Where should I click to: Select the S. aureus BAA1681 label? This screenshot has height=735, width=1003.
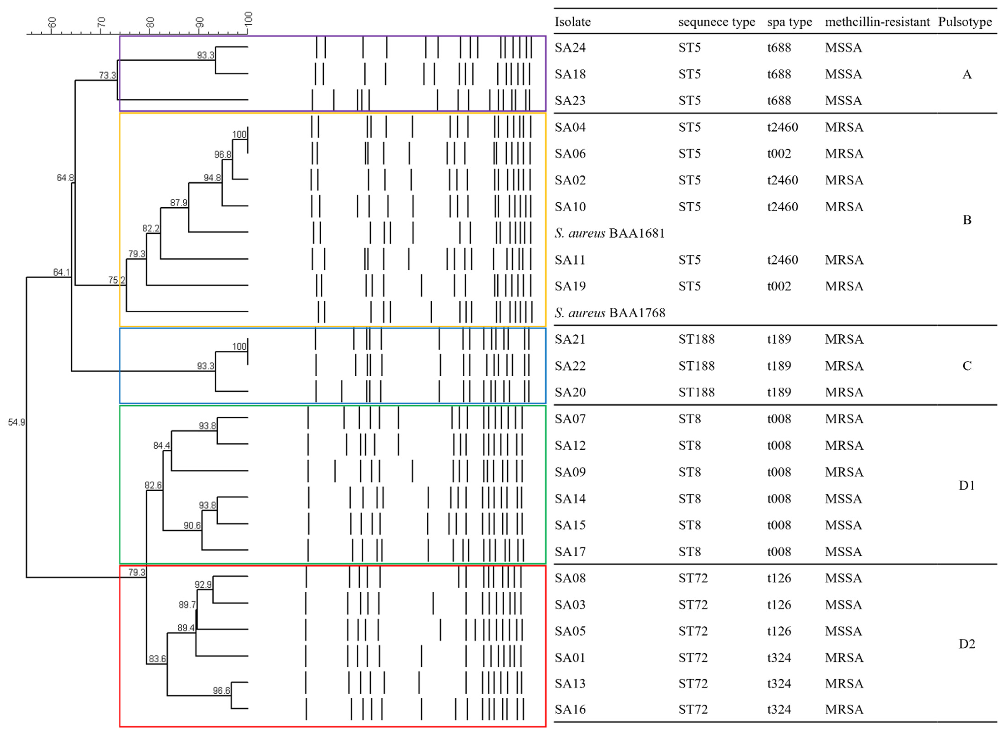coord(609,233)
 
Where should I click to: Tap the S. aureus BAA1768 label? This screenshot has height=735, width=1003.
coord(609,313)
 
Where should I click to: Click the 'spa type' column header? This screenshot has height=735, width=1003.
coord(790,22)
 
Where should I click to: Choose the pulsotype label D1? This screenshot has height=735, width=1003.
coord(967,485)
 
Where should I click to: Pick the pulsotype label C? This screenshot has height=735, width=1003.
coord(967,366)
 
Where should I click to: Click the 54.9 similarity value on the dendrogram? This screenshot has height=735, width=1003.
coord(16,422)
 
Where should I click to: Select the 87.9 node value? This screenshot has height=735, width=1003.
coord(179,203)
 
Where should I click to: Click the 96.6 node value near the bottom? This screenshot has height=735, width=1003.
coord(221,690)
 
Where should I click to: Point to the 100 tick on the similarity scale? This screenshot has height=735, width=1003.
coord(248,19)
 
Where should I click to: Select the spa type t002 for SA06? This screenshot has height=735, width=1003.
coord(779,154)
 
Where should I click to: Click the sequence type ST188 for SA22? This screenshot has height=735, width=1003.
coord(696,366)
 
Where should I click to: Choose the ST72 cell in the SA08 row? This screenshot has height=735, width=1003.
coord(693,578)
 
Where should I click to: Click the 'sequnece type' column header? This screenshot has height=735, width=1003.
coord(716,22)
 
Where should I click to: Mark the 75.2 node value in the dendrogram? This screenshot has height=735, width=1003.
coord(117,280)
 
